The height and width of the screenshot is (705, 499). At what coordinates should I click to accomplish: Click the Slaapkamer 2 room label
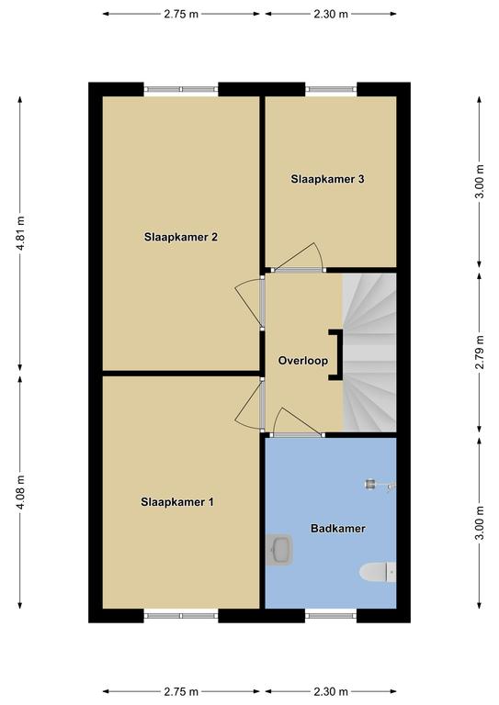181,237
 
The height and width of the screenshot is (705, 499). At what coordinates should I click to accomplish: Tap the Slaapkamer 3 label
327,179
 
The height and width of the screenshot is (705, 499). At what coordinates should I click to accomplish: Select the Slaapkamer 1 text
177,502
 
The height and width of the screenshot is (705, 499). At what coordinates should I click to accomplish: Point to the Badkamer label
338,529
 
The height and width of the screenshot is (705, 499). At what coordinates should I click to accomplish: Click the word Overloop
303,361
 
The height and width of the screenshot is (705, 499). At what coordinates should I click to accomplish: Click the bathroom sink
279,550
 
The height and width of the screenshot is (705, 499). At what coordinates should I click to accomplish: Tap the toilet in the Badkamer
378,572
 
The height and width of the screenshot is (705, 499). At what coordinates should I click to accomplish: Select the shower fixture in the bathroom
380,485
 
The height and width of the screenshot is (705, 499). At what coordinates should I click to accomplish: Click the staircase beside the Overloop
369,352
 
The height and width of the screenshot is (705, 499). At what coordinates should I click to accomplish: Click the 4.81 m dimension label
21,233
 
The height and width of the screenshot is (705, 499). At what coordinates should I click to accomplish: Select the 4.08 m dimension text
21,492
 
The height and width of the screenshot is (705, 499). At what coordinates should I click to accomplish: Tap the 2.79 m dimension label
480,352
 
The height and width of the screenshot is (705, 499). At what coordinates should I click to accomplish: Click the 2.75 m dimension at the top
181,14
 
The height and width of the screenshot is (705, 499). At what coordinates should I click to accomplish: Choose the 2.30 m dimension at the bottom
331,691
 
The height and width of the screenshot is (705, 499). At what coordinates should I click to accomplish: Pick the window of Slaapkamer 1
181,616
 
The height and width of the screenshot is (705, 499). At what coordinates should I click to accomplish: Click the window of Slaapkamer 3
331,89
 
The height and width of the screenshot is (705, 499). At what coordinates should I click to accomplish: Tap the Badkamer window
331,616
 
